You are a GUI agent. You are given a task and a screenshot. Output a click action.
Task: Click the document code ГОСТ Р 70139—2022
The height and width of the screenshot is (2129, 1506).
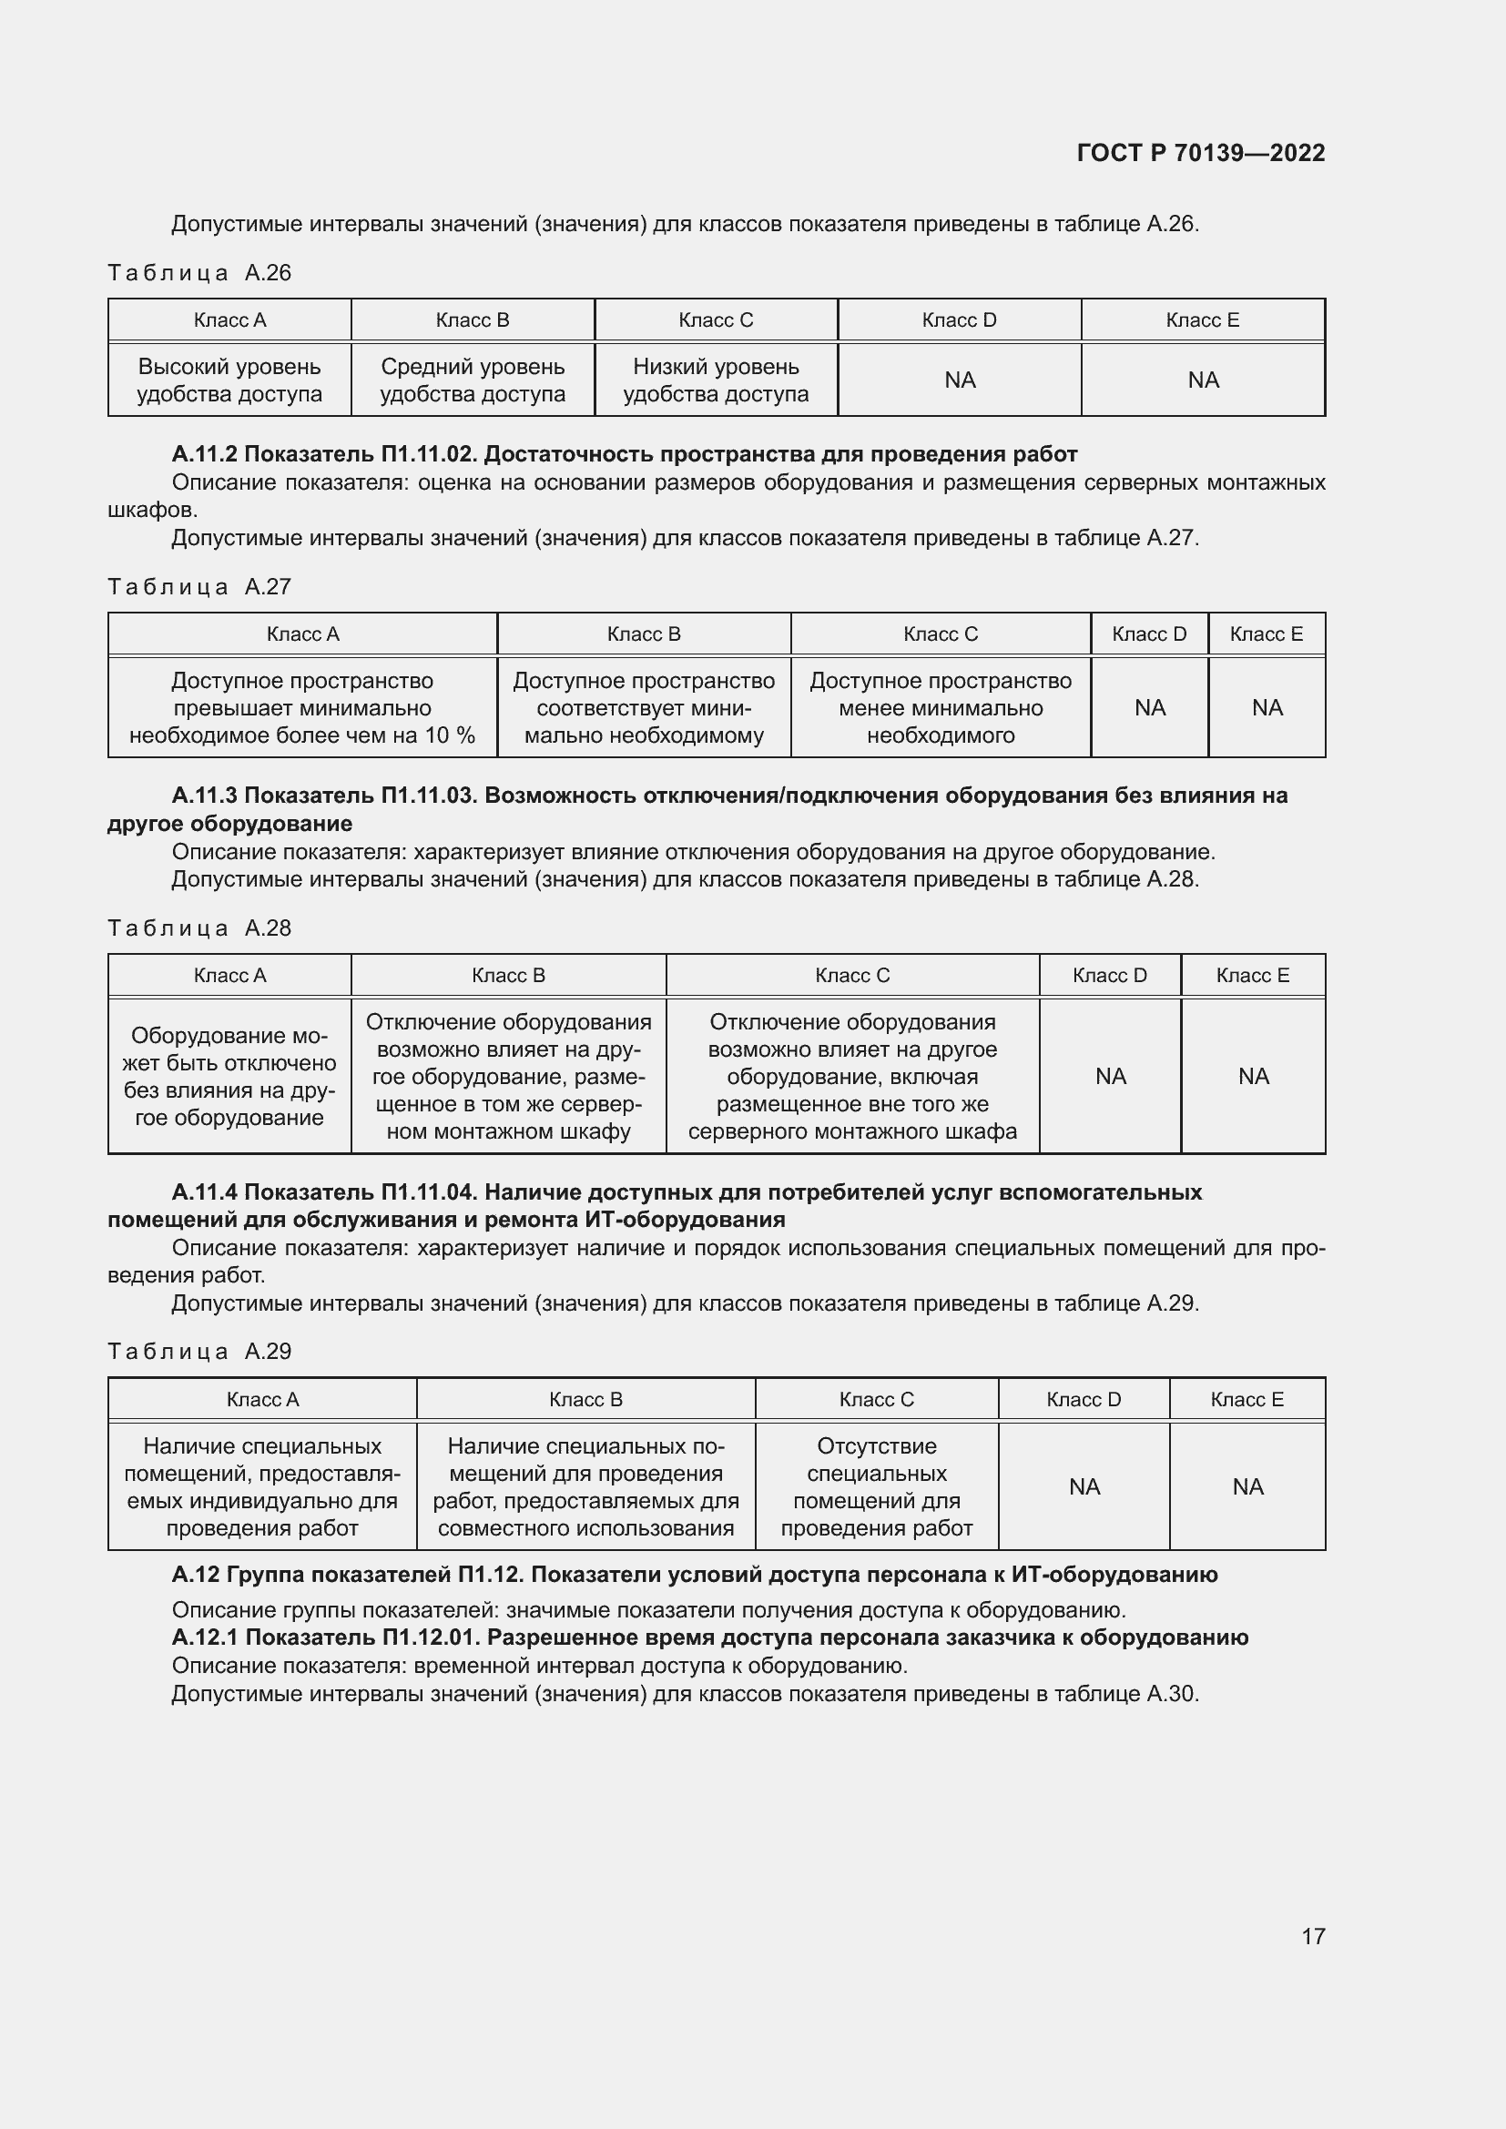tap(1200, 153)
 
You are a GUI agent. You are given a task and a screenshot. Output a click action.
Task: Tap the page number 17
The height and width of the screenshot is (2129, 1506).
tap(1312, 1935)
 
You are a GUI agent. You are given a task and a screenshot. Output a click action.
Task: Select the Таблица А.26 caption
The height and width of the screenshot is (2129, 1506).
tap(199, 273)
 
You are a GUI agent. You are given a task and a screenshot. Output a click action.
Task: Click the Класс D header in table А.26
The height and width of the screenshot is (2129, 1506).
tap(959, 319)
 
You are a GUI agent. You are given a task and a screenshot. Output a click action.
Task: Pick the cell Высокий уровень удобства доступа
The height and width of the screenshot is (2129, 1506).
tap(230, 380)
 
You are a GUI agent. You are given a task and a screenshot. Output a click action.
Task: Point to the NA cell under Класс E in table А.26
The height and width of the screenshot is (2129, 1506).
tap(1203, 380)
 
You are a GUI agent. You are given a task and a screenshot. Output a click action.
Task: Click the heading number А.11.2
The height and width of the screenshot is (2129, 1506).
tap(204, 454)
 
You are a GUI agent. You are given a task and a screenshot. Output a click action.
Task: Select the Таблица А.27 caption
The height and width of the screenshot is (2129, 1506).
tap(199, 587)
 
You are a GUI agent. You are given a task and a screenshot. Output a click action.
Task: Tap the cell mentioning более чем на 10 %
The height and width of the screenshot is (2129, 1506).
tap(302, 708)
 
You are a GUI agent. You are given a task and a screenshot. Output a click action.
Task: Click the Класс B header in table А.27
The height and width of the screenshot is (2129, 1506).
tap(644, 634)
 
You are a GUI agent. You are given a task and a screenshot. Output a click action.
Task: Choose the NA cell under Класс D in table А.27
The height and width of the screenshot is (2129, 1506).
tap(1149, 708)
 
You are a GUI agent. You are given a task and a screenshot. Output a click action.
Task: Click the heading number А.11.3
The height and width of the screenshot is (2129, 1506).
tap(204, 796)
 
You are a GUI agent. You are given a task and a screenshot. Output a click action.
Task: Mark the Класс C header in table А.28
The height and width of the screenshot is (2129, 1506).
tap(852, 976)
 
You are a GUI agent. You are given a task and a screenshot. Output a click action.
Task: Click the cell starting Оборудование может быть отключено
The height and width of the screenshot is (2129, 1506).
tap(230, 1077)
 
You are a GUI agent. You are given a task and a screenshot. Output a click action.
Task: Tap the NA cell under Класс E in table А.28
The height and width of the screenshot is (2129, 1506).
tap(1253, 1077)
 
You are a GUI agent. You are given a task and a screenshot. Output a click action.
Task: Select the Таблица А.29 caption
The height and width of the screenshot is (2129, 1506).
tap(199, 1352)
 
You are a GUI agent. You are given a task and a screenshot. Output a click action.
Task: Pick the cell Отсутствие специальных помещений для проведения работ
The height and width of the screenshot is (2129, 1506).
tap(876, 1486)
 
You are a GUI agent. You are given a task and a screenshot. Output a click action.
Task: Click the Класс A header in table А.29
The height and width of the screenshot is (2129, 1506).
tap(262, 1399)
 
